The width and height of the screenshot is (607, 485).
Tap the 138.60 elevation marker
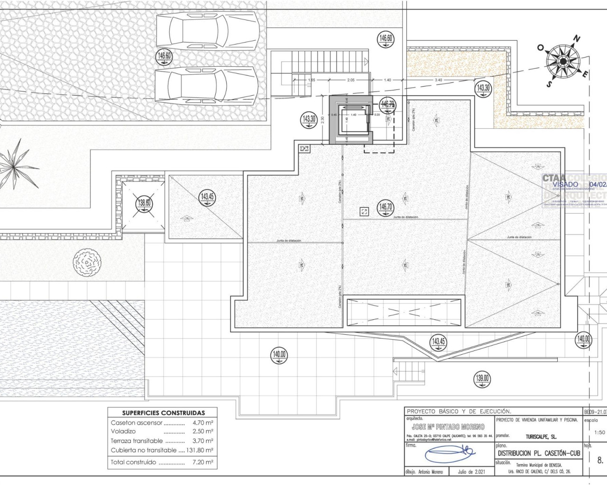pos(144,204)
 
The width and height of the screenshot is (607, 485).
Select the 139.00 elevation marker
pos(482,378)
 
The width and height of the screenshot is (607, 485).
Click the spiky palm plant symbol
pos(17,162)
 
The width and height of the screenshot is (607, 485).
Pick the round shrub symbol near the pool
pos(87,261)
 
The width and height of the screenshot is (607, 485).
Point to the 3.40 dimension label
pos(438,80)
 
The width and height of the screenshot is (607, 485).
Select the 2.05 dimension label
pos(351,80)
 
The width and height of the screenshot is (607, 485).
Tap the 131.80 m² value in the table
pos(200,450)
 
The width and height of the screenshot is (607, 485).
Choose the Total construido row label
pos(133,462)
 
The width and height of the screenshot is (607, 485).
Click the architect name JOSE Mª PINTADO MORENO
pos(448,427)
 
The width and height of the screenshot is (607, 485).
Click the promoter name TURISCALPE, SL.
pos(541,437)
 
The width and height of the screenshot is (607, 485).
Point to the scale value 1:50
pos(599,432)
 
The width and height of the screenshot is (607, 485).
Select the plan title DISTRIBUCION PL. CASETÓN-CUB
pos(539,453)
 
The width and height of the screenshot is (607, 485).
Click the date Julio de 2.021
pos(471,472)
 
